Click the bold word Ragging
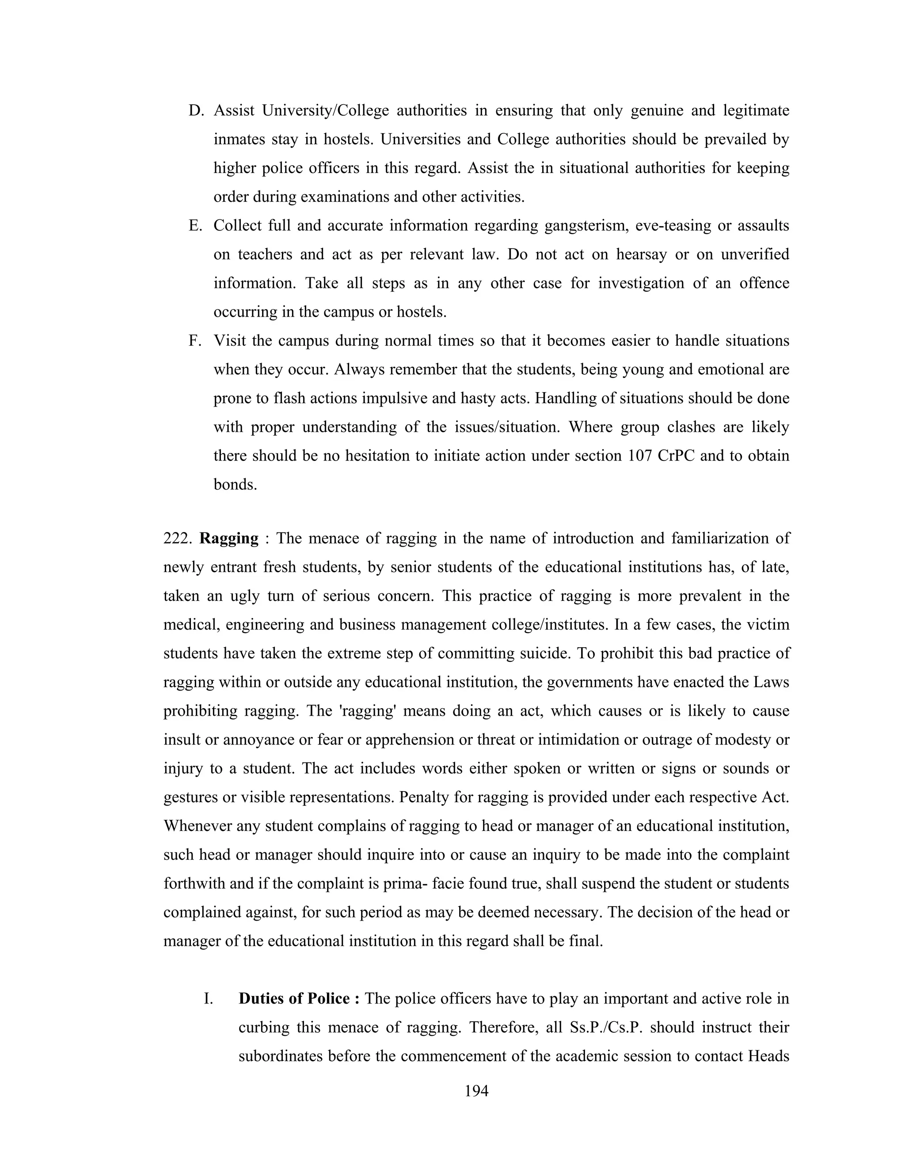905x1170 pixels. (x=229, y=538)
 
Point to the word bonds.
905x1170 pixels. (x=236, y=485)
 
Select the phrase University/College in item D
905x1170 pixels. (x=325, y=111)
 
